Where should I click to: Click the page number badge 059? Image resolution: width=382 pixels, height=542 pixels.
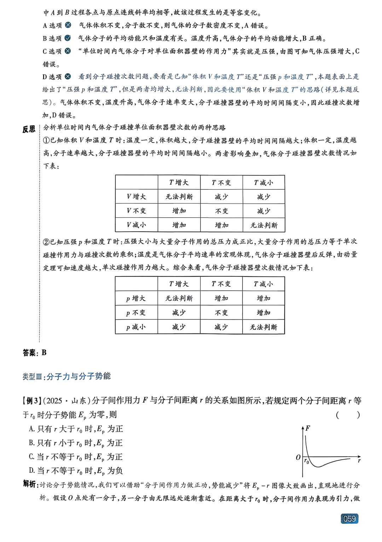pyautogui.click(x=349, y=519)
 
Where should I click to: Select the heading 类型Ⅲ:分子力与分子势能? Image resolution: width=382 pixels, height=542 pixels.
pyautogui.click(x=66, y=376)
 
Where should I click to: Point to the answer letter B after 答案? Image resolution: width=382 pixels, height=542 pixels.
pyautogui.click(x=44, y=353)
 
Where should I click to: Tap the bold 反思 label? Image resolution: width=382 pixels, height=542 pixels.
pyautogui.click(x=29, y=129)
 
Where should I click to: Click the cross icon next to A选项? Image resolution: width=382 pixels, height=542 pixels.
pyautogui.click(x=68, y=25)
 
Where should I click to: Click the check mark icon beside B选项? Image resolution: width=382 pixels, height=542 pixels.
pyautogui.click(x=68, y=38)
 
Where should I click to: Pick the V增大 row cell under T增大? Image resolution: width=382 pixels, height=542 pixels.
pyautogui.click(x=179, y=197)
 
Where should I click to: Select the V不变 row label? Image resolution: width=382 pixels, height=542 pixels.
pyautogui.click(x=136, y=211)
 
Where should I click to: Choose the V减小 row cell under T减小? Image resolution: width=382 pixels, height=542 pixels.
pyautogui.click(x=264, y=225)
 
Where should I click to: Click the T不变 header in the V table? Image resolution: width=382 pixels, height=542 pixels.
pyautogui.click(x=221, y=183)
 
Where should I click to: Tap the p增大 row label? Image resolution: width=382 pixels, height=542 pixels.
pyautogui.click(x=136, y=298)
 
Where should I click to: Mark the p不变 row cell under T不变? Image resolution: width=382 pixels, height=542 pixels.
pyautogui.click(x=221, y=313)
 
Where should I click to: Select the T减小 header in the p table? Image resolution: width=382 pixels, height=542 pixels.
pyautogui.click(x=264, y=284)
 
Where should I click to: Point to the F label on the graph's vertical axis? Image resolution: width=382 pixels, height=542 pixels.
pyautogui.click(x=308, y=428)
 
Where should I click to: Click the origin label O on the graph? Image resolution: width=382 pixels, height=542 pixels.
pyautogui.click(x=298, y=457)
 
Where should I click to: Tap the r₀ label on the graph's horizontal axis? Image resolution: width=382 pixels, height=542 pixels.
pyautogui.click(x=307, y=462)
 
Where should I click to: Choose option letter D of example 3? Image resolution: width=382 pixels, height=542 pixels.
pyautogui.click(x=32, y=471)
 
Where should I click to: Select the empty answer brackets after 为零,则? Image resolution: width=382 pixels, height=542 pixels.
pyautogui.click(x=348, y=415)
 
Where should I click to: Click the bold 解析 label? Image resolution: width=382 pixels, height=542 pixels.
pyautogui.click(x=30, y=484)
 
